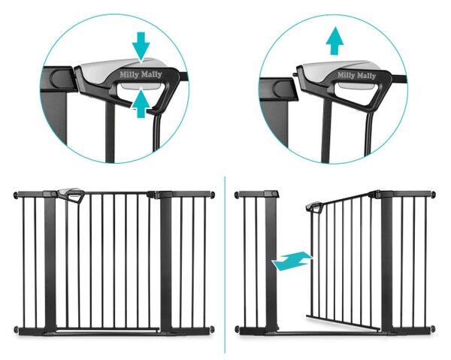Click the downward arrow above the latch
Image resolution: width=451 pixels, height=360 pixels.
click(x=141, y=47)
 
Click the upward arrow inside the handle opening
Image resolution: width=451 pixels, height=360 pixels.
click(x=141, y=104)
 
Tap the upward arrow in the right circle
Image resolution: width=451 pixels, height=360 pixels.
click(x=334, y=41)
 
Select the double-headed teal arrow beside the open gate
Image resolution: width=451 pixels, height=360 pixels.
click(x=292, y=261)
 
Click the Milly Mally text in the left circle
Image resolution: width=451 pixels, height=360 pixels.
click(x=141, y=74)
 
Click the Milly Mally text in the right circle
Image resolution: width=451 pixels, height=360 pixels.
click(x=356, y=76)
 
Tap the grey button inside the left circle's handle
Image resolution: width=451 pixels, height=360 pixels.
click(x=140, y=86)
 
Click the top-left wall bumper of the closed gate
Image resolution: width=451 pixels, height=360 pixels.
click(x=16, y=195)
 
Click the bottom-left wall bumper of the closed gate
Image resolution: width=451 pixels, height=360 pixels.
click(x=16, y=329)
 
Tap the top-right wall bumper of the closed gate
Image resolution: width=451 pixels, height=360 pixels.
click(x=213, y=195)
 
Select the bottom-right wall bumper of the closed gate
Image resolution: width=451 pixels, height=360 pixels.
click(x=213, y=328)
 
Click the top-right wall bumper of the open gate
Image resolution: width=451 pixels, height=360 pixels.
click(x=433, y=195)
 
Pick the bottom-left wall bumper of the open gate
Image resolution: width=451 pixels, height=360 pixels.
click(x=237, y=329)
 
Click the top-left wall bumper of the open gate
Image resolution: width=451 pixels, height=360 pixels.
click(x=237, y=195)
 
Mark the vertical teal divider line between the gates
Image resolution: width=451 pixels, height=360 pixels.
click(x=225, y=265)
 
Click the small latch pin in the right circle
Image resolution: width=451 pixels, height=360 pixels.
click(x=295, y=74)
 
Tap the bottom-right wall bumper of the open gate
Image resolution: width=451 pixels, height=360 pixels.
click(x=433, y=328)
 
